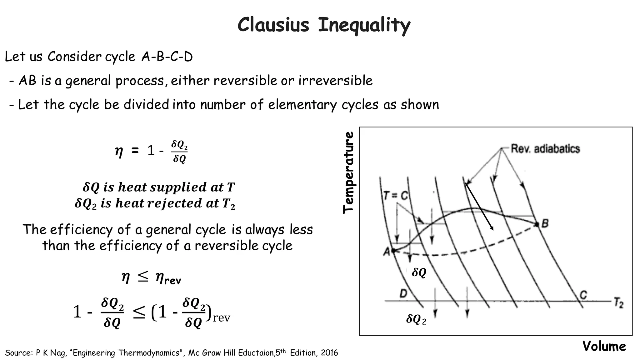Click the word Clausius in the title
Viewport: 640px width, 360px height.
tap(273, 25)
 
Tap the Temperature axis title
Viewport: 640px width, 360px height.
tap(348, 172)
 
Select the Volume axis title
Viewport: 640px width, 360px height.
tap(604, 346)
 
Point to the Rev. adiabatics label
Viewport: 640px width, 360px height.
tap(545, 149)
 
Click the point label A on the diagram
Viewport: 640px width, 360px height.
tap(387, 251)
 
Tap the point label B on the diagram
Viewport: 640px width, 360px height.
tap(545, 223)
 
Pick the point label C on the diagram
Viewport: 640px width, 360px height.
tap(583, 295)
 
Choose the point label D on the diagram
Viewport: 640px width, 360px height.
tap(403, 294)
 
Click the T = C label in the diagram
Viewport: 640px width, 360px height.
tap(396, 196)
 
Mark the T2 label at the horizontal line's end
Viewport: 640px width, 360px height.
tap(618, 303)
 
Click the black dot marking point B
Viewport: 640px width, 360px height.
tap(537, 224)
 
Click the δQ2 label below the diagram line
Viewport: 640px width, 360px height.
tap(416, 319)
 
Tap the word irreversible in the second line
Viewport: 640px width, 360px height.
tap(335, 81)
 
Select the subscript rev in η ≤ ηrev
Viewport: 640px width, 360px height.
tap(172, 280)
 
